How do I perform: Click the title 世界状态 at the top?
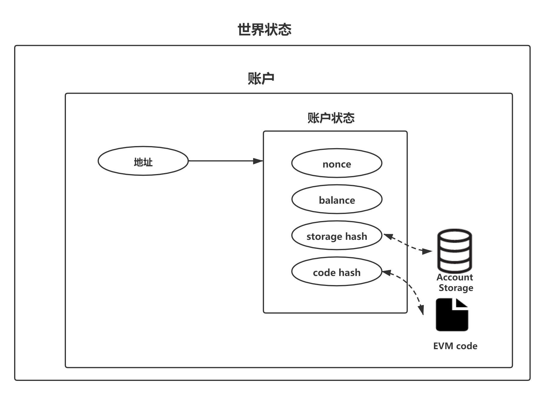point(264,30)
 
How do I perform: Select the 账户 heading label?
point(261,78)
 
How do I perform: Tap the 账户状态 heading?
point(331,118)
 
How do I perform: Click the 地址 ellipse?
point(143,161)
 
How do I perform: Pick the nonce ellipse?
point(337,163)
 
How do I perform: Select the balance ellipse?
point(337,199)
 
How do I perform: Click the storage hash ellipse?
point(337,235)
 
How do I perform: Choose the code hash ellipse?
point(337,272)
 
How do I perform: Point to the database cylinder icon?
point(455,251)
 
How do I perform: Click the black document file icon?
point(452,315)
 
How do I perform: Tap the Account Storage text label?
point(455,282)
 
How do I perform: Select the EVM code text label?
point(455,346)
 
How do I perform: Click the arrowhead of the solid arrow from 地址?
point(258,161)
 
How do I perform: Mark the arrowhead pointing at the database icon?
point(428,251)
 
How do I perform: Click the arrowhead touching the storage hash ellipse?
point(388,236)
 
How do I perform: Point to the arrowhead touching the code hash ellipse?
point(387,272)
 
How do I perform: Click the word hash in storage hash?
point(356,236)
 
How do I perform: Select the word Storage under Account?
point(456,288)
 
